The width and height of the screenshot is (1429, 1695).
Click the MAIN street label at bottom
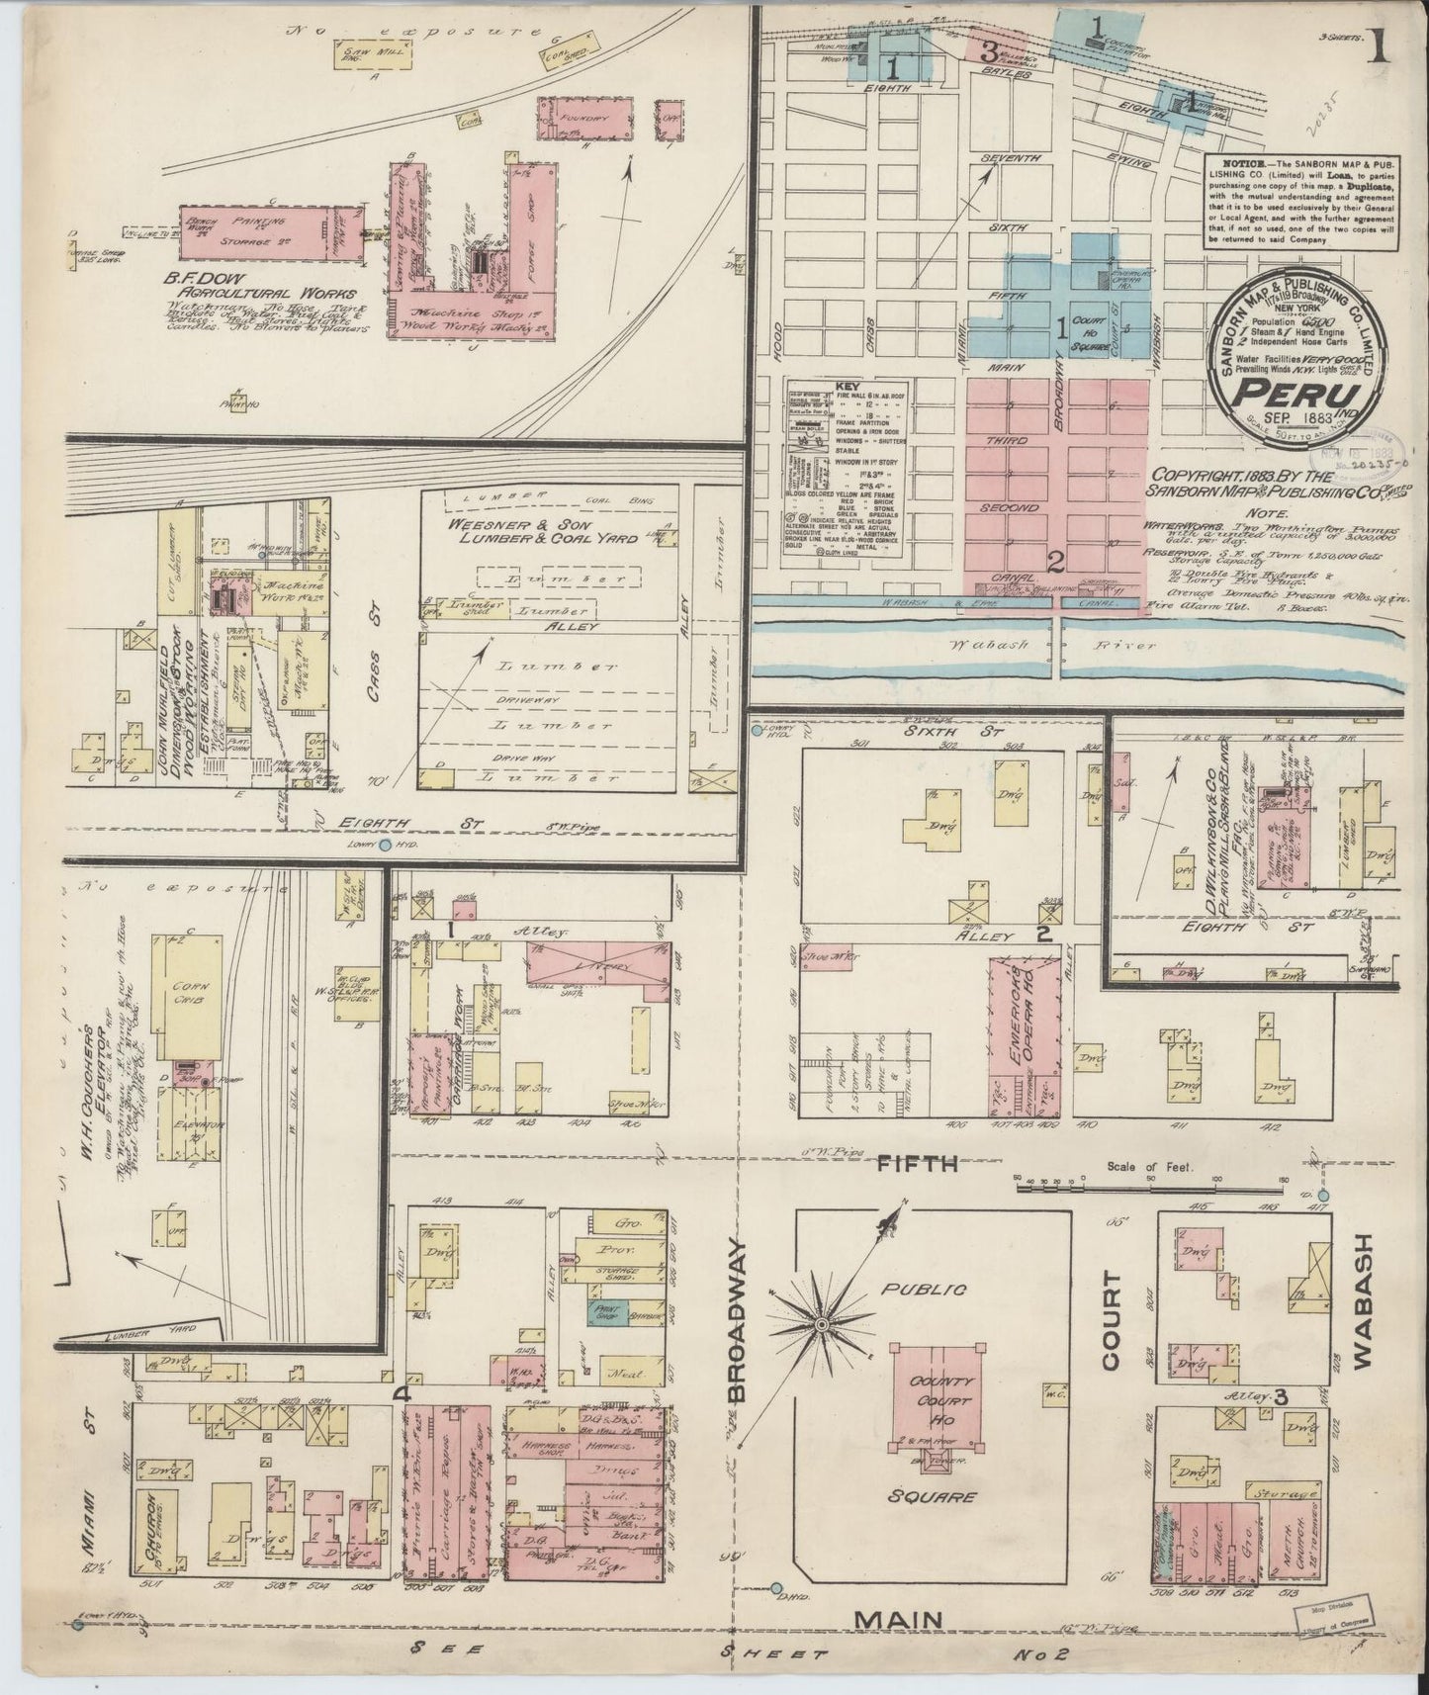click(898, 1619)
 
